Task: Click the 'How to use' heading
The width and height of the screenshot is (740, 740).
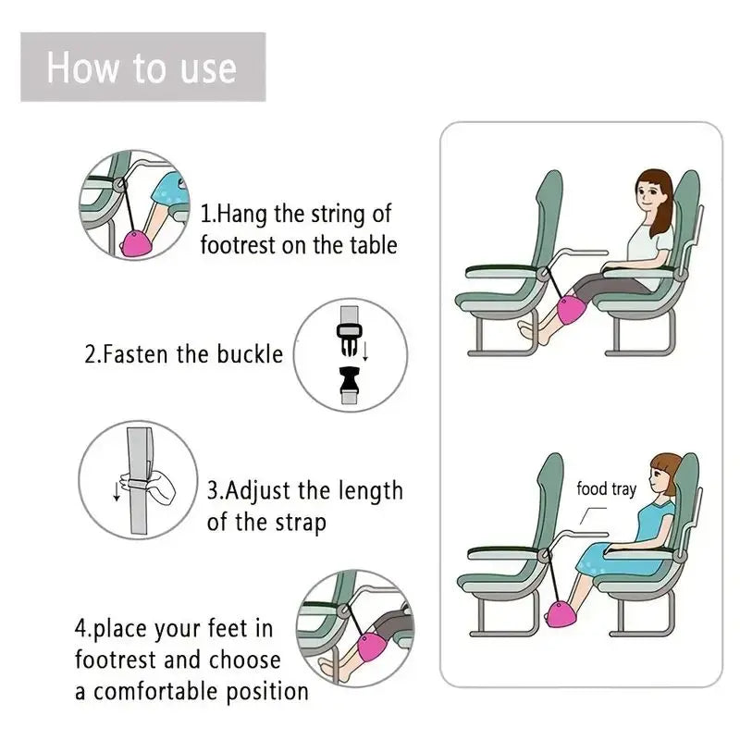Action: (x=142, y=68)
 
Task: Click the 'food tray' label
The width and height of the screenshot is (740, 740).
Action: (x=606, y=488)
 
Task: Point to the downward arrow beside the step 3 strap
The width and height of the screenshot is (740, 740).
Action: (x=117, y=490)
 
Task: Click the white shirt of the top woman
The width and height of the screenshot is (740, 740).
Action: (x=651, y=245)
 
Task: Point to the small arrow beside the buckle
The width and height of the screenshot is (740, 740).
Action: (x=365, y=351)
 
